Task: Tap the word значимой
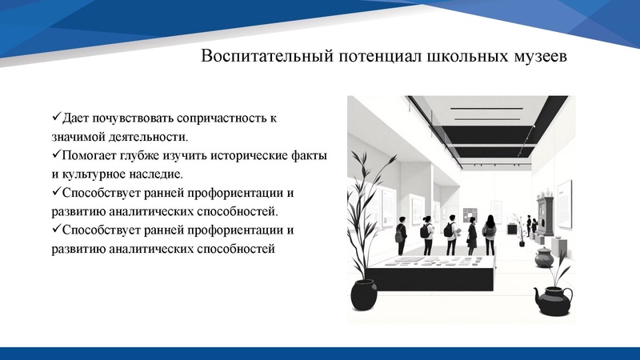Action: click(x=75, y=136)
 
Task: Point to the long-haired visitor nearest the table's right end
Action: click(x=489, y=234)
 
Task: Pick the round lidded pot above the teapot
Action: click(x=544, y=258)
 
